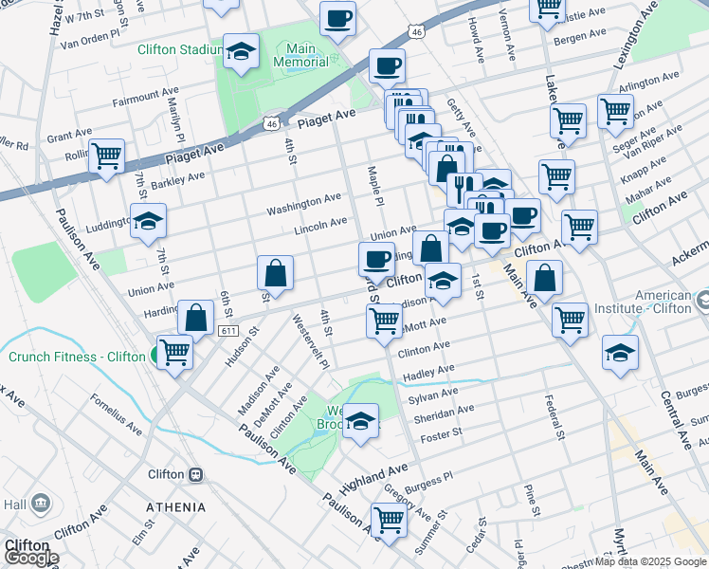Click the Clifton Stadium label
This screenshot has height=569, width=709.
pyautogui.click(x=179, y=49)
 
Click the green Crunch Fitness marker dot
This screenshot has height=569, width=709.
pyautogui.click(x=154, y=357)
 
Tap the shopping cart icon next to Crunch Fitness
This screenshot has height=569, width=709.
pyautogui.click(x=174, y=352)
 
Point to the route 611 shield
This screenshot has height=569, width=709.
pyautogui.click(x=227, y=330)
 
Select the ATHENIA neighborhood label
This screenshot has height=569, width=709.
pyautogui.click(x=175, y=507)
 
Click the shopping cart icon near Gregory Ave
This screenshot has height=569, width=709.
pyautogui.click(x=389, y=520)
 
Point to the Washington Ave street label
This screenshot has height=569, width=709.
pyautogui.click(x=303, y=203)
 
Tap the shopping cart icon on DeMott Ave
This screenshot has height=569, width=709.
pyautogui.click(x=384, y=321)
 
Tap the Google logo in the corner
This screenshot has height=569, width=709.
pyautogui.click(x=30, y=558)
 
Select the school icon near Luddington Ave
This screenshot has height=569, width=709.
pyautogui.click(x=148, y=221)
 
